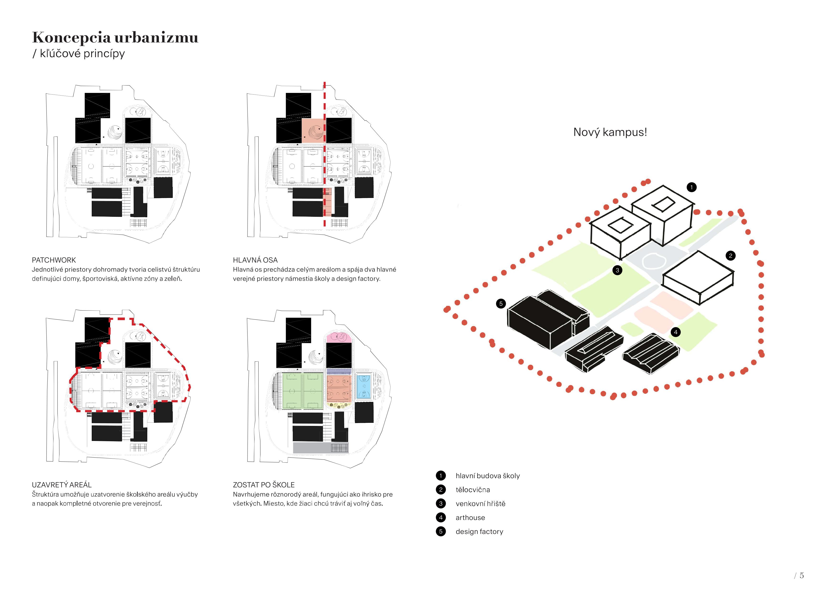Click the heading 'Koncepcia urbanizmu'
pos(115,37)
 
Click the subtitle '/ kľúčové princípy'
pos(79,54)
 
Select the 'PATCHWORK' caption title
pos(54,260)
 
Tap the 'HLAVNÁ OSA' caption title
pos(255,260)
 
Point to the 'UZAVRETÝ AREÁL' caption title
pos(61,485)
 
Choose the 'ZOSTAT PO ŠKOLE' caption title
pos(263,485)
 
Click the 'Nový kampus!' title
pos(610,132)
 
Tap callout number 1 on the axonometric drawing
pos(691,187)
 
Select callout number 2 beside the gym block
pos(730,256)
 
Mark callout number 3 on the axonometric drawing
pos(617,270)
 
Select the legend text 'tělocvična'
pos(473,490)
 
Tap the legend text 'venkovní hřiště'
pos(480,504)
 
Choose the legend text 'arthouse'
pos(470,517)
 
